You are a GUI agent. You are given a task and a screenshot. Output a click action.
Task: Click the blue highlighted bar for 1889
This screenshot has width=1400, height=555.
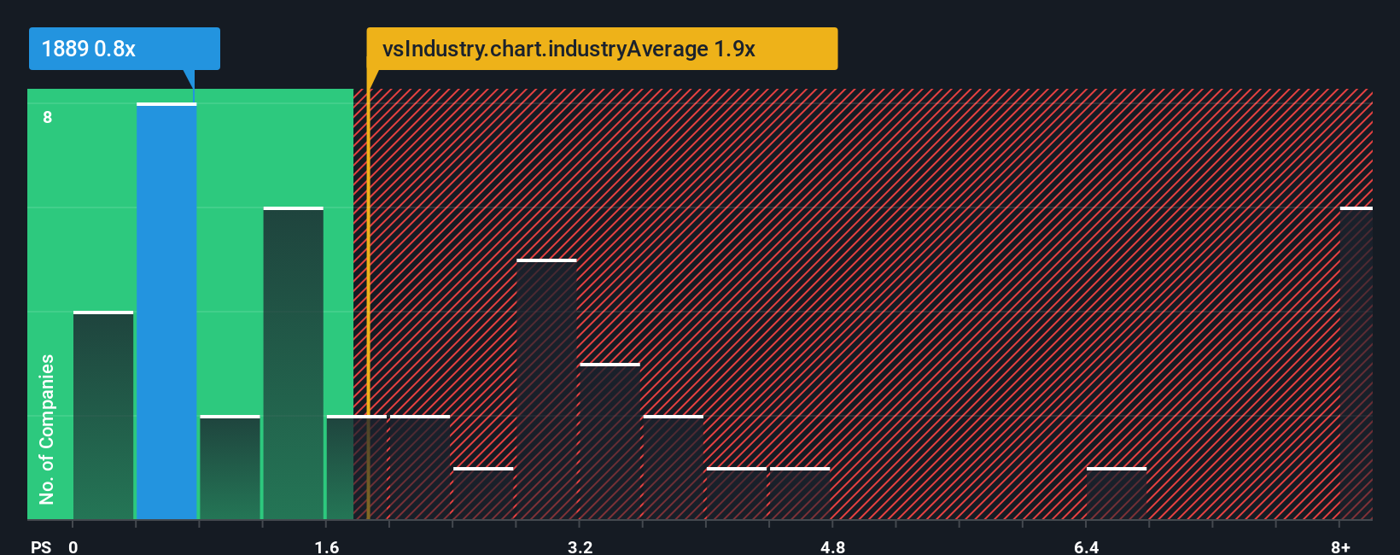(x=166, y=312)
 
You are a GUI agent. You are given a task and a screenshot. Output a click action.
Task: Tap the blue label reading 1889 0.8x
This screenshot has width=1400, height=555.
(x=124, y=49)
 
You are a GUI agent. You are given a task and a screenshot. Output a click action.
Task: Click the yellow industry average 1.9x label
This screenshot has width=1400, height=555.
(x=602, y=49)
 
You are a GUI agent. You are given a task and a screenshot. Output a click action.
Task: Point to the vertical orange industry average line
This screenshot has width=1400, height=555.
(x=368, y=299)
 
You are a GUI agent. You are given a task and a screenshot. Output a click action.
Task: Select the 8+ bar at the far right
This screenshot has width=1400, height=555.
(x=1356, y=363)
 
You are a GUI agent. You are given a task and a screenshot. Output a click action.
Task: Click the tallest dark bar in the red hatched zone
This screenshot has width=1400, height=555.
(x=546, y=388)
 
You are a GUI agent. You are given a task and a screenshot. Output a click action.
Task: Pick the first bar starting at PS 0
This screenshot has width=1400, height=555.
(x=103, y=416)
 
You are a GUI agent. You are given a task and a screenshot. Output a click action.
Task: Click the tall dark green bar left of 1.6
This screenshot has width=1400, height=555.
(x=293, y=363)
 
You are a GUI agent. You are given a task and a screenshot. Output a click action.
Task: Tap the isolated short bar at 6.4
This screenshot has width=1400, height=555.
(x=1116, y=494)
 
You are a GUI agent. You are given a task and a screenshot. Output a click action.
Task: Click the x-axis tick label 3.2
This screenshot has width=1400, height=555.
(x=580, y=546)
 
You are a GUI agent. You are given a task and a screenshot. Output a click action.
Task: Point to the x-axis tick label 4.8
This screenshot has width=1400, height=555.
(x=832, y=546)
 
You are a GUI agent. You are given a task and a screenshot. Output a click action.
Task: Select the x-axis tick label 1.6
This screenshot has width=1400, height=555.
(x=327, y=546)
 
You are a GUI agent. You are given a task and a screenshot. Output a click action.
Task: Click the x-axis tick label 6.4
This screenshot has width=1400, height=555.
(x=1086, y=546)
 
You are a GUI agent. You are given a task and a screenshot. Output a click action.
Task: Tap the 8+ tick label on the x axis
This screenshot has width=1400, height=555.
(x=1340, y=546)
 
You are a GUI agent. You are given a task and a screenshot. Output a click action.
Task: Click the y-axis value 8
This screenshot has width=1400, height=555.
(x=48, y=117)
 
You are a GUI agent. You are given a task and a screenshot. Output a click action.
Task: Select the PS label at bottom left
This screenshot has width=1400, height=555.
(x=41, y=546)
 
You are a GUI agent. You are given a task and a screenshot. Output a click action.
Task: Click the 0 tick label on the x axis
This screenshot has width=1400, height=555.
(x=73, y=546)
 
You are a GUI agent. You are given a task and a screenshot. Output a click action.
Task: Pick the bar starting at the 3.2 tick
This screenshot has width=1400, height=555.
(x=610, y=441)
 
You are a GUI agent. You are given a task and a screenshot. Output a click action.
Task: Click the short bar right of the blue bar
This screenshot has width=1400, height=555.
(x=230, y=467)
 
